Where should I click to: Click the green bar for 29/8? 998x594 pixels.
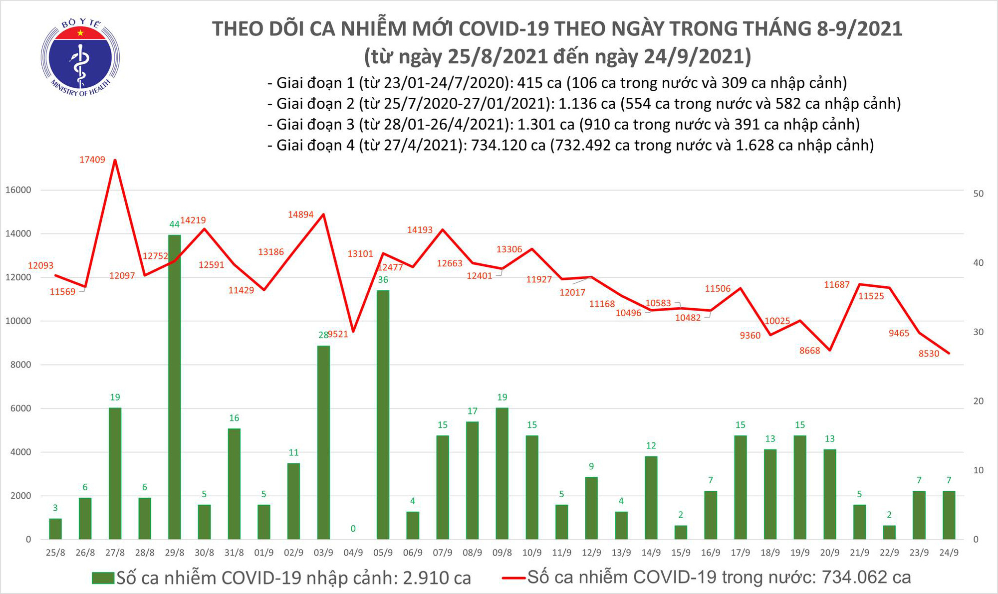coord(174,387)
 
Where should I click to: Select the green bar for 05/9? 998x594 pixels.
coord(383,414)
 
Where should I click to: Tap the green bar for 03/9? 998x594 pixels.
coord(323,442)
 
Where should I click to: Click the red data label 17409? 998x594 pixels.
coord(92,160)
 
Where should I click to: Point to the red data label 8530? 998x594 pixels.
coord(929,354)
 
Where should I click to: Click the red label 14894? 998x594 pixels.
coord(300,214)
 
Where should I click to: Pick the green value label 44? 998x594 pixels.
coord(174,224)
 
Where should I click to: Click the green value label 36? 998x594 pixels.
coord(383,280)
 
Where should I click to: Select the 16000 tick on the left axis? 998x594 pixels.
coord(18,190)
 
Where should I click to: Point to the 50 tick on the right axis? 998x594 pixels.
coord(979,194)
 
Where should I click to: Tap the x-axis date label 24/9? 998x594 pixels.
coord(949,553)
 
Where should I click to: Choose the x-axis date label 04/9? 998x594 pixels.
coord(353,553)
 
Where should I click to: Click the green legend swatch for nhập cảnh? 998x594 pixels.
coord(103,578)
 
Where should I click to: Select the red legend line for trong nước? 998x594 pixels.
coord(513,578)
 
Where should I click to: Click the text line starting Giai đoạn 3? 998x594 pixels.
coord(563,124)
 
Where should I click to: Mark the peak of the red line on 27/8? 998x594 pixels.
coord(115,160)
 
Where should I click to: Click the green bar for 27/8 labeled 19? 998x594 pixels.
coord(115,473)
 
